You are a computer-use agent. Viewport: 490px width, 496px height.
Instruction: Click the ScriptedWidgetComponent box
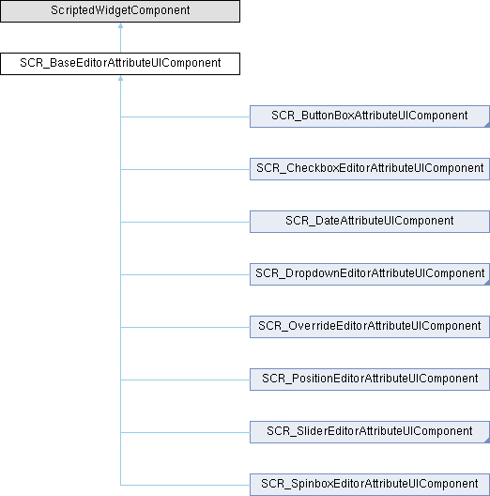(120, 11)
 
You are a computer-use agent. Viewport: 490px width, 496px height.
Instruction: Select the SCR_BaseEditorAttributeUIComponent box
(120, 64)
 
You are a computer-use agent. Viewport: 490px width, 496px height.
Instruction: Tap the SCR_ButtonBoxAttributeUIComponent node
(370, 116)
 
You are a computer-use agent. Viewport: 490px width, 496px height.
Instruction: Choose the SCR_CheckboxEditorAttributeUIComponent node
(370, 169)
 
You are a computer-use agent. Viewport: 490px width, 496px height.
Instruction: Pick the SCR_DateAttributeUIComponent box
(370, 222)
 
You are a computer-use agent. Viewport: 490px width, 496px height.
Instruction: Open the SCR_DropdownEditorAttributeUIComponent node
(370, 274)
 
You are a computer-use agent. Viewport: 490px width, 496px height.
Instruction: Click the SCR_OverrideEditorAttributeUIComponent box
(370, 327)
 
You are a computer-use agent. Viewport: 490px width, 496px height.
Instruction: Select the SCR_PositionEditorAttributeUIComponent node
(370, 380)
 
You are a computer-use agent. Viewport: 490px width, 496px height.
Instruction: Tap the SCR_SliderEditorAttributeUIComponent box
(370, 432)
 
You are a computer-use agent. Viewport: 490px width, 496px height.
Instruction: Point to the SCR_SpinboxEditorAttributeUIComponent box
(370, 485)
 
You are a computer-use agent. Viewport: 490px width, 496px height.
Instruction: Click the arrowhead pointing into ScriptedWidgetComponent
(120, 26)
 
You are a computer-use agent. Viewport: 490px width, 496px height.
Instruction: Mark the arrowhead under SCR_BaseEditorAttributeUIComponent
(120, 79)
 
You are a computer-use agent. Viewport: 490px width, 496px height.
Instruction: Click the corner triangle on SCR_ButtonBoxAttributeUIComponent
(487, 125)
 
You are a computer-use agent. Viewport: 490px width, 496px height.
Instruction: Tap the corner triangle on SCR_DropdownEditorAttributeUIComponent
(487, 283)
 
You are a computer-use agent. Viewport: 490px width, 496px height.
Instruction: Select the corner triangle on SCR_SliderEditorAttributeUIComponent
(487, 441)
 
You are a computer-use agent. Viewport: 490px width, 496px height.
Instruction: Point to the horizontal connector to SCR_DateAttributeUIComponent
(185, 222)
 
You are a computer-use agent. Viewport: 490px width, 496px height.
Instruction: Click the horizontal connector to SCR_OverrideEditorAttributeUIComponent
(185, 328)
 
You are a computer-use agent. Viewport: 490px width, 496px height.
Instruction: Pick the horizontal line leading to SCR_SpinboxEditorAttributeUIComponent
(185, 485)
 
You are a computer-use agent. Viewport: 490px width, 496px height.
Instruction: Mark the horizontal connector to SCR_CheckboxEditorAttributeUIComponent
(185, 169)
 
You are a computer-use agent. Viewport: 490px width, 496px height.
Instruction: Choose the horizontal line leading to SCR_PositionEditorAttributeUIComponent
(185, 380)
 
